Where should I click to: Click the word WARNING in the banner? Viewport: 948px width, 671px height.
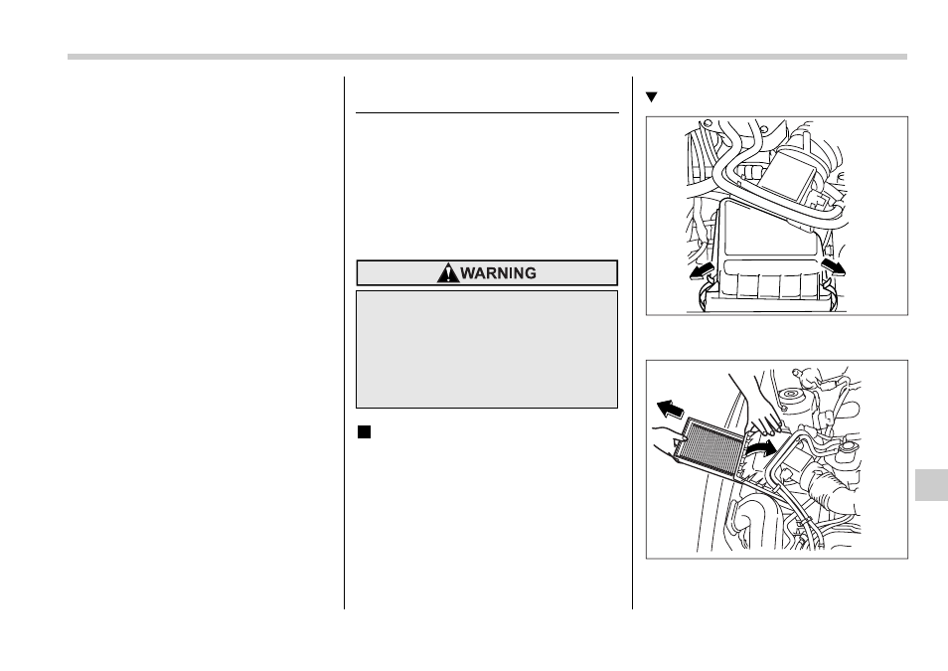click(498, 273)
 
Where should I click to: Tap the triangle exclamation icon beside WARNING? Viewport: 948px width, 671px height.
click(448, 273)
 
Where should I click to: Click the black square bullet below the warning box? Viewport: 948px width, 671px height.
click(364, 432)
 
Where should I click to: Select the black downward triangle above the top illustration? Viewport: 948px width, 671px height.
click(651, 96)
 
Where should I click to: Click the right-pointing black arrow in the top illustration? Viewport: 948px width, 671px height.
click(833, 266)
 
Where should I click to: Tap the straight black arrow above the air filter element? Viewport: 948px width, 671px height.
click(670, 411)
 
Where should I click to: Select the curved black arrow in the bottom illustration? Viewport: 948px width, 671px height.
click(760, 447)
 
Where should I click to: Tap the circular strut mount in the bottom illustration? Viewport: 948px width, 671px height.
click(788, 399)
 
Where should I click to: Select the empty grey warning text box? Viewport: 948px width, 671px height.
click(487, 350)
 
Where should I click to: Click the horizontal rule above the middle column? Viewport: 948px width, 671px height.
click(487, 112)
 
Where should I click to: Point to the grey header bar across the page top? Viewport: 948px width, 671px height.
click(487, 57)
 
